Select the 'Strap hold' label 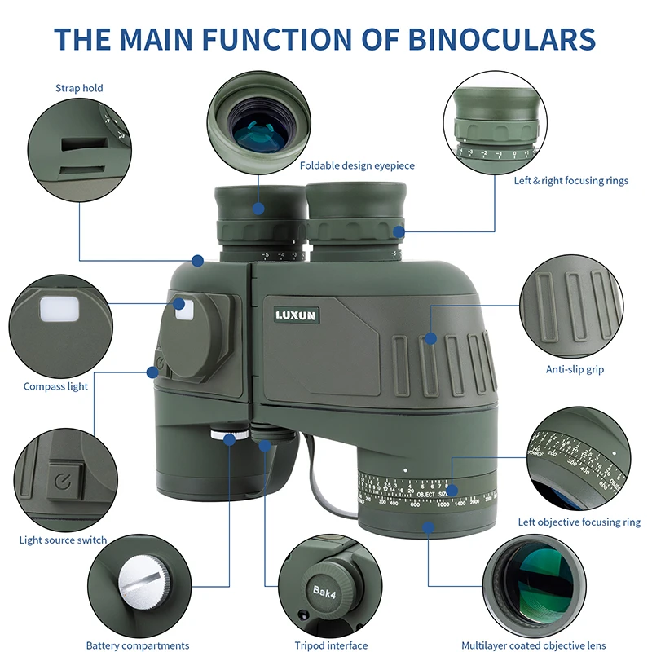click(x=79, y=88)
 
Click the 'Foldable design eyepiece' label click(x=357, y=165)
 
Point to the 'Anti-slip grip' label click(x=575, y=369)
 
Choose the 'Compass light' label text click(x=55, y=386)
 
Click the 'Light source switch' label click(x=63, y=540)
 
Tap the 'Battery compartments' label click(x=138, y=645)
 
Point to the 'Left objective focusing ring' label click(x=579, y=522)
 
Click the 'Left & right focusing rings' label click(x=570, y=180)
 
